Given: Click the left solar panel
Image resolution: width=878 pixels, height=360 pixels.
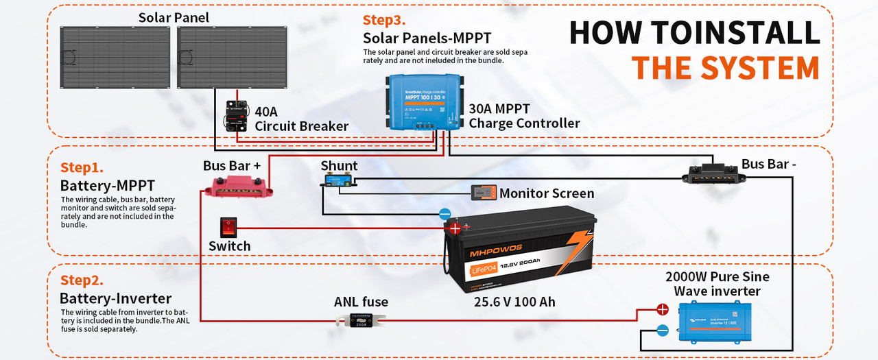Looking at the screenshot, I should coord(116,57).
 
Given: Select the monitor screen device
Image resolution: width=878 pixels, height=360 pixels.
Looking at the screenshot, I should coord(484,193).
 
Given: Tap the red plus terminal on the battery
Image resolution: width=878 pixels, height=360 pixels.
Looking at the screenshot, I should coord(454,228).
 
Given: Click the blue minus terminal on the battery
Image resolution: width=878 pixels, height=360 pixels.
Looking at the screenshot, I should coord(444,214).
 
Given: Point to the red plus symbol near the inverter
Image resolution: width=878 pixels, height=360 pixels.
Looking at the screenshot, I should coord(663,309).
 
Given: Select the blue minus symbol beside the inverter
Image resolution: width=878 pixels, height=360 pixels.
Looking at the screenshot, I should coord(663,331).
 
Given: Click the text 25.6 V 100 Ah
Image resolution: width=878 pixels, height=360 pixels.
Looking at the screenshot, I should coord(514,302).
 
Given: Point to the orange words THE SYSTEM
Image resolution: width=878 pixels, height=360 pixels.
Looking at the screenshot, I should coord(725,68).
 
